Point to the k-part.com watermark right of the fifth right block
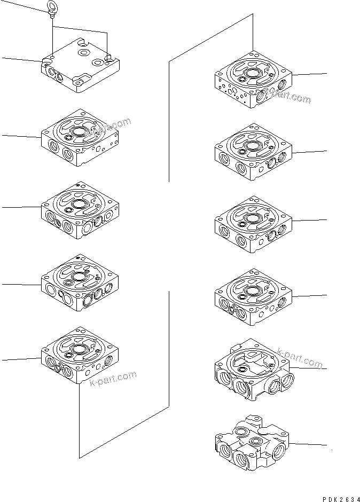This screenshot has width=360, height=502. (x=300, y=359)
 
